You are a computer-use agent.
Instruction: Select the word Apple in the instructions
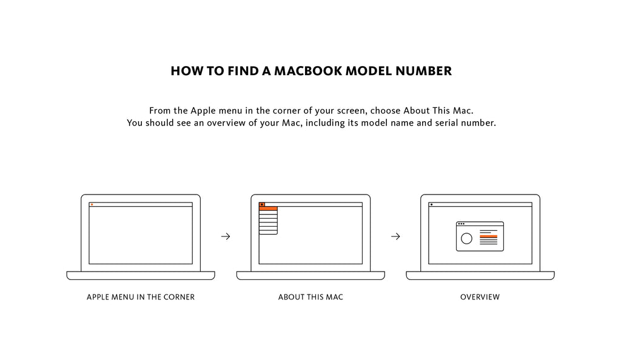[x=203, y=111]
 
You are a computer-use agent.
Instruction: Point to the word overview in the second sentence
[x=226, y=123]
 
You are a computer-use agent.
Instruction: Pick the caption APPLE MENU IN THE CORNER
[x=141, y=297]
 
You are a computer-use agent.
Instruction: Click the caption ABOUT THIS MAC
[x=310, y=297]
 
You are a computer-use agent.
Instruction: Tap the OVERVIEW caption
[x=480, y=297]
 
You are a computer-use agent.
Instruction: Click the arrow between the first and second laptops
[x=226, y=236]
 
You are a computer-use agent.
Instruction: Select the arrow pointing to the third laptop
[x=395, y=236]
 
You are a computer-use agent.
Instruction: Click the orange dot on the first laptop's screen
[x=92, y=204]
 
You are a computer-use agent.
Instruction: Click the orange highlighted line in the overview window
[x=488, y=236]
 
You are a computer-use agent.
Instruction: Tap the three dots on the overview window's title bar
[x=461, y=224]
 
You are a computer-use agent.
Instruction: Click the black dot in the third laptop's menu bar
[x=431, y=204]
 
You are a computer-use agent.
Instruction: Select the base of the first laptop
[x=141, y=276]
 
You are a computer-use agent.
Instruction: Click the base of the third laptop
[x=480, y=276]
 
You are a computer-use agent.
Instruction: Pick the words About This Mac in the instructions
[x=438, y=111]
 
